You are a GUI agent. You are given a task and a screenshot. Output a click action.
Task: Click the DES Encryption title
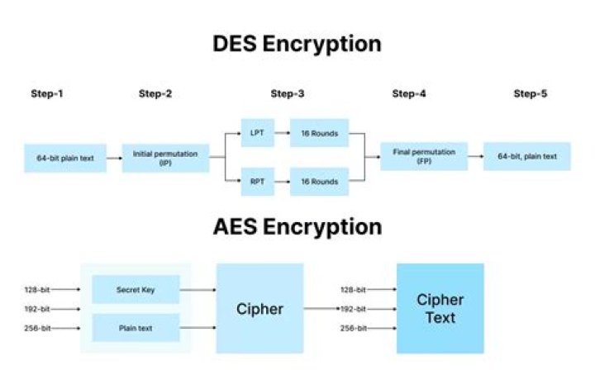(297, 43)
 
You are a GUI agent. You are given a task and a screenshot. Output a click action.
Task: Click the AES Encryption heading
(297, 226)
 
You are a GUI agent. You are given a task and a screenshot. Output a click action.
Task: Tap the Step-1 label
(46, 93)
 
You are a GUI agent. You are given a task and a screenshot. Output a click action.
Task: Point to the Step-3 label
(288, 93)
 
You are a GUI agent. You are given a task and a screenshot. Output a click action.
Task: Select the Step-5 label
(531, 93)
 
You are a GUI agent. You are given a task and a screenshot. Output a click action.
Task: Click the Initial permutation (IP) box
(165, 157)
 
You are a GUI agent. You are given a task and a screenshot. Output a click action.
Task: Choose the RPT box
(257, 181)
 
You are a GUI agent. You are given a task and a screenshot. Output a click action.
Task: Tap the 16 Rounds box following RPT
(319, 181)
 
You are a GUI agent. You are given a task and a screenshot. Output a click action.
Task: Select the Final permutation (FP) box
(423, 156)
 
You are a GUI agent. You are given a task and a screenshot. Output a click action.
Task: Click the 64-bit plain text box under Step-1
(65, 157)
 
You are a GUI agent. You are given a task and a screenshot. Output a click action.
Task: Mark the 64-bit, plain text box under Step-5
(526, 156)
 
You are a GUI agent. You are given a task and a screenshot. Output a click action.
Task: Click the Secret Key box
(135, 290)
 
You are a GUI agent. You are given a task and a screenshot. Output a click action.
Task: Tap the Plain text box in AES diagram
(135, 328)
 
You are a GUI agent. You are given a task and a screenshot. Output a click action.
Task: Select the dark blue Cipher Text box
(440, 308)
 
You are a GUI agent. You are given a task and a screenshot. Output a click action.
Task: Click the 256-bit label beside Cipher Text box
(354, 328)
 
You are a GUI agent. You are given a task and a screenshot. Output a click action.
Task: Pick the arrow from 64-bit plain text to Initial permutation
(114, 157)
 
